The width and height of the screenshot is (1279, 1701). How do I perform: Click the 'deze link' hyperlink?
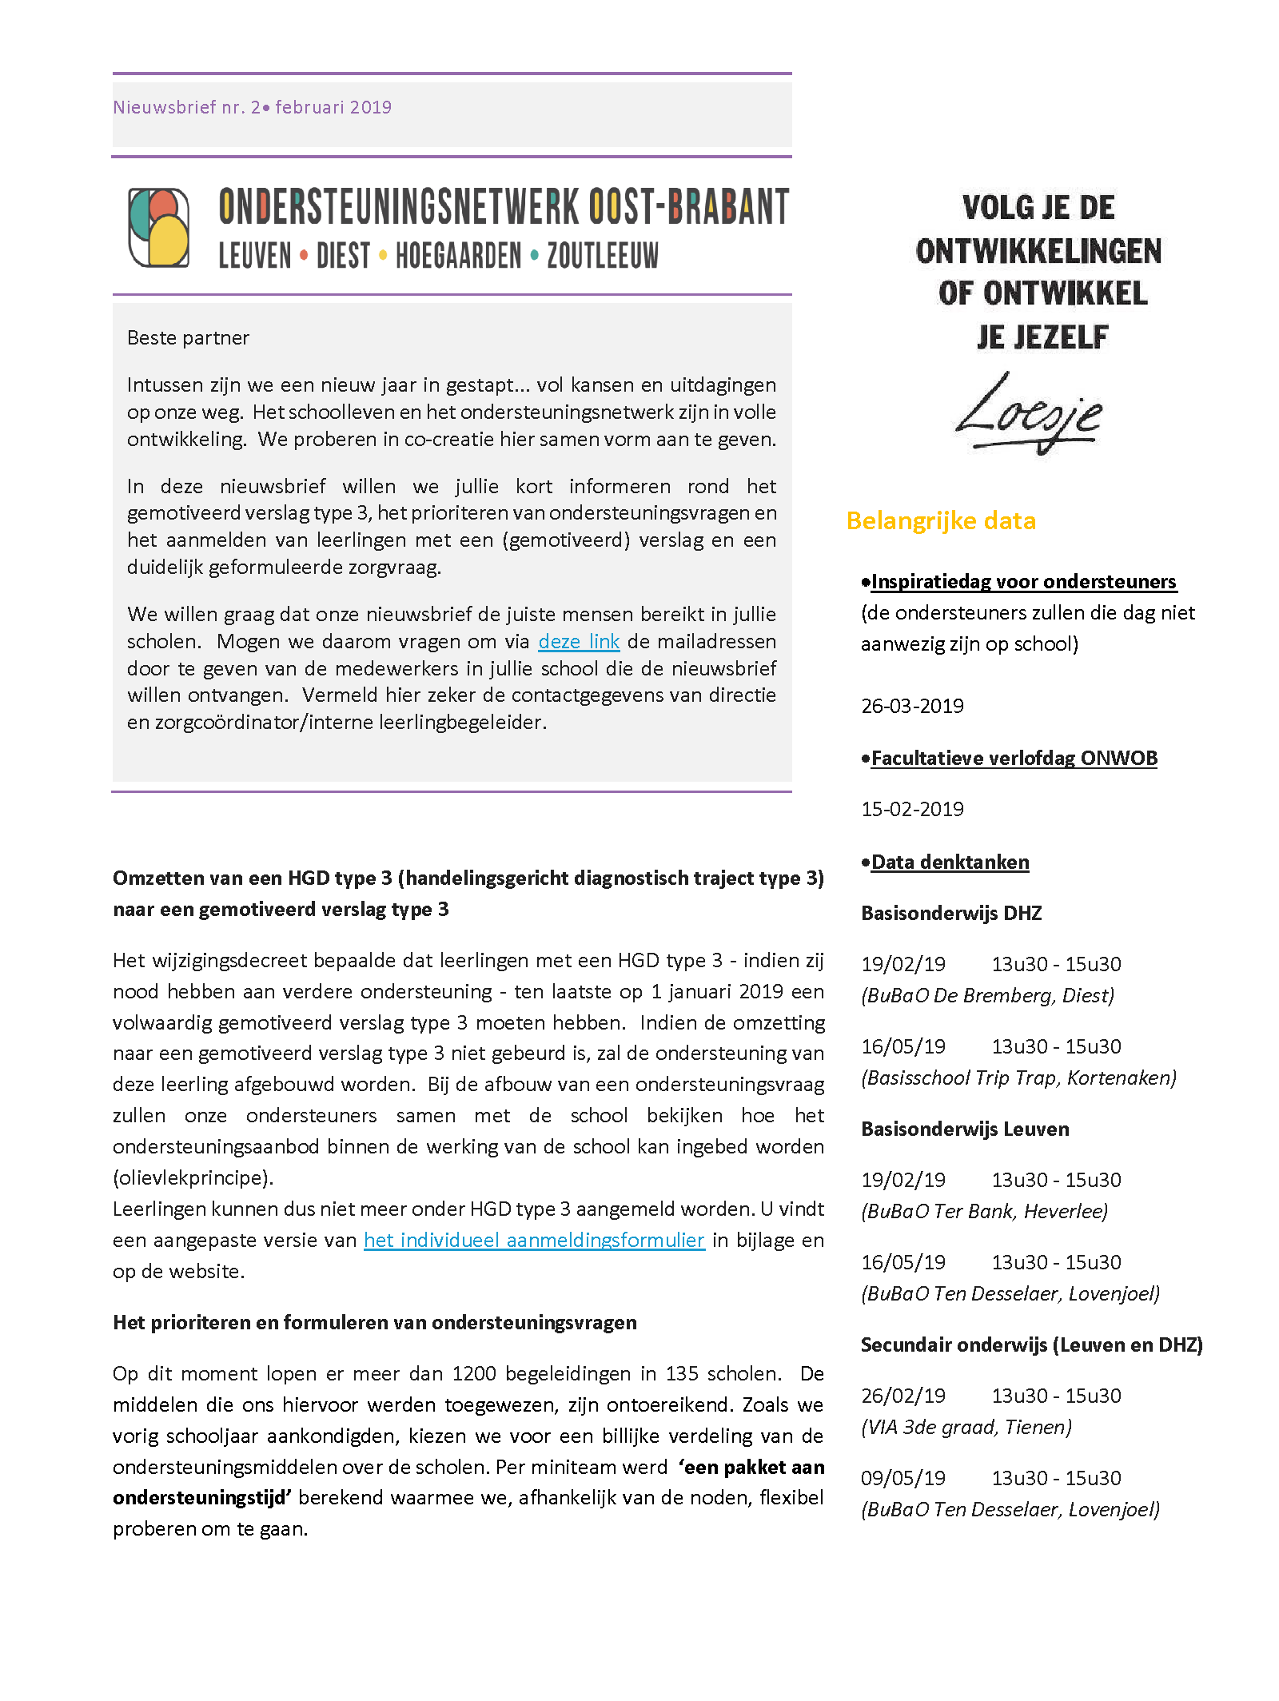pyautogui.click(x=579, y=642)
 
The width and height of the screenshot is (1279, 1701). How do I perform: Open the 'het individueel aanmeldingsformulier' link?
pyautogui.click(x=534, y=1240)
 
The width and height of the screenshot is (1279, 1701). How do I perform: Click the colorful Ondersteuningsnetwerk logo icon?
pyautogui.click(x=159, y=227)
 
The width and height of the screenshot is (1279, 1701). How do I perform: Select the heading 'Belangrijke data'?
pyautogui.click(x=941, y=521)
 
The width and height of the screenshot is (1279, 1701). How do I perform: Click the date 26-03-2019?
pyautogui.click(x=912, y=706)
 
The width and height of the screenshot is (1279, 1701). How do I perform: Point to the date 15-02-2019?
pyautogui.click(x=912, y=809)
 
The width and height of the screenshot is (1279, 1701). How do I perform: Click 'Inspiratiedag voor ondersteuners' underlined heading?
pyautogui.click(x=1023, y=582)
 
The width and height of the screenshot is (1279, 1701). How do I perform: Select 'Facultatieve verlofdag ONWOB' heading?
pyautogui.click(x=1014, y=759)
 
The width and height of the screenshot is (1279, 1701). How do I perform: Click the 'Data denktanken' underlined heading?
pyautogui.click(x=950, y=862)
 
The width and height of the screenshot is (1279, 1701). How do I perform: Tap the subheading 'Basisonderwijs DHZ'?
pyautogui.click(x=951, y=913)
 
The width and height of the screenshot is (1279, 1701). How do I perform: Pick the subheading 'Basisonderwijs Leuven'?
pyautogui.click(x=965, y=1129)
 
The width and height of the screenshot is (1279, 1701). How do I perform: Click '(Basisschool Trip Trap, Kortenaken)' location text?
pyautogui.click(x=1018, y=1078)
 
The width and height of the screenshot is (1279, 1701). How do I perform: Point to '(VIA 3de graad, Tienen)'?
pyautogui.click(x=966, y=1427)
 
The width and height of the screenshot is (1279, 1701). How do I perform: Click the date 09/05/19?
pyautogui.click(x=903, y=1478)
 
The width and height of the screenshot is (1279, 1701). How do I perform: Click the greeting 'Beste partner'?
pyautogui.click(x=188, y=338)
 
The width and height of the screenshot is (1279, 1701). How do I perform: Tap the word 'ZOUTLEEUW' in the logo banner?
pyautogui.click(x=603, y=257)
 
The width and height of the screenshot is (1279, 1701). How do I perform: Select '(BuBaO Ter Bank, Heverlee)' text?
pyautogui.click(x=984, y=1211)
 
